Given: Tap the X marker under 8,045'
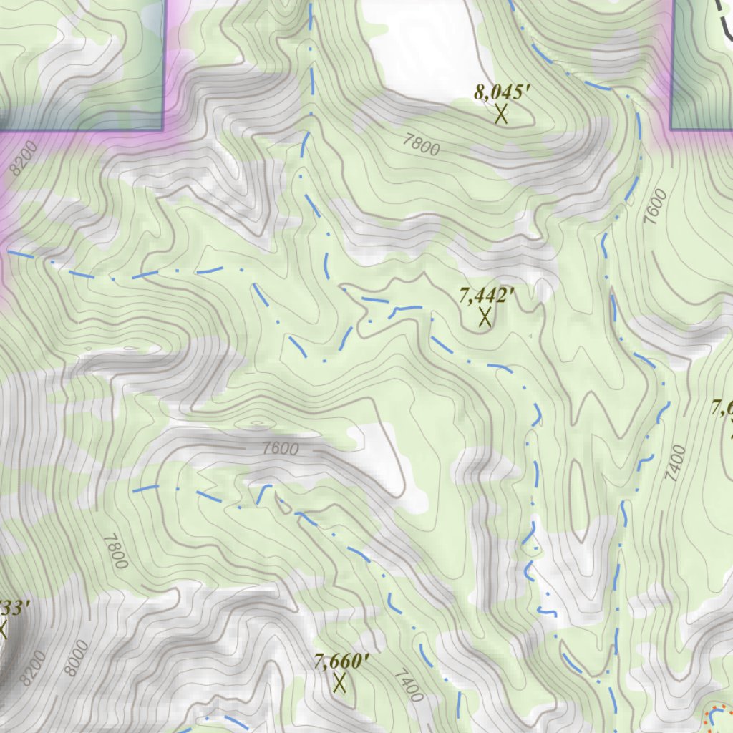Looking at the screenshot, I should [x=501, y=113].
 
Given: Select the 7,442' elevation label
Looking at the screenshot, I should [x=488, y=295].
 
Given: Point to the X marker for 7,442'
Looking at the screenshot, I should [x=485, y=316].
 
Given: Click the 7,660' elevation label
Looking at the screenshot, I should [x=341, y=661].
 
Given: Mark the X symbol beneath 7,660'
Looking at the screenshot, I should [x=339, y=683].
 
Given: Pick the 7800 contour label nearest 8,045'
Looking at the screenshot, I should [x=421, y=145].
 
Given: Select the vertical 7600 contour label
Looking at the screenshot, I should [x=655, y=207].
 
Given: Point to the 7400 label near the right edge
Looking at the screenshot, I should [x=675, y=463].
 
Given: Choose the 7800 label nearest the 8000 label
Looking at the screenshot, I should [x=115, y=552].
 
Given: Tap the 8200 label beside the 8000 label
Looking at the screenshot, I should [x=33, y=668].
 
